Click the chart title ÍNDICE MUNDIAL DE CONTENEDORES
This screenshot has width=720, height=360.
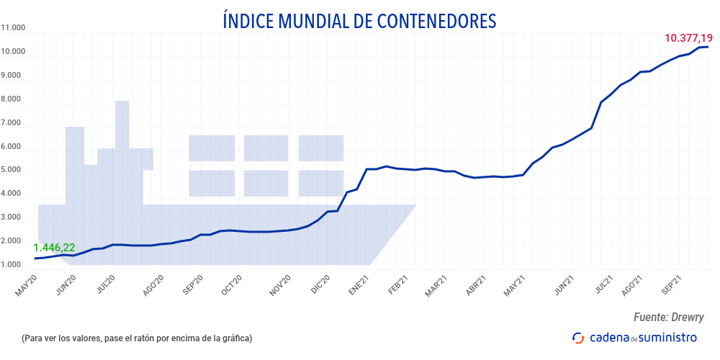360,21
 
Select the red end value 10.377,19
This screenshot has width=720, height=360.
688,37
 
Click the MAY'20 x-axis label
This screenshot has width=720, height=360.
26,285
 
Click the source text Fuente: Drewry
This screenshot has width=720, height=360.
668,318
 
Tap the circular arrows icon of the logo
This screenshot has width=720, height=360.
577,337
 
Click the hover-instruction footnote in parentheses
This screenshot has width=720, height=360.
137,338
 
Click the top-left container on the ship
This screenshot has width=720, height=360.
212,148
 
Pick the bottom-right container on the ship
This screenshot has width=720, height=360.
321,183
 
